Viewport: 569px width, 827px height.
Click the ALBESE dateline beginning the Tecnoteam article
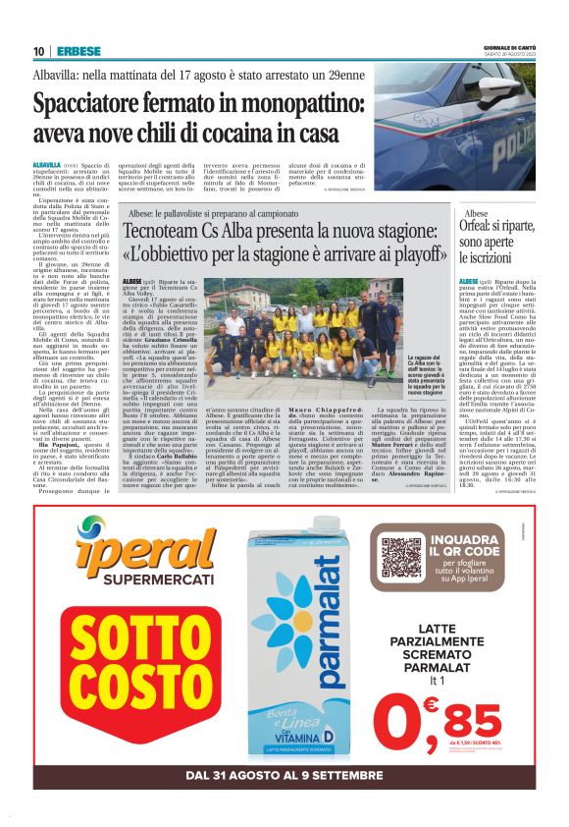click(x=133, y=282)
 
